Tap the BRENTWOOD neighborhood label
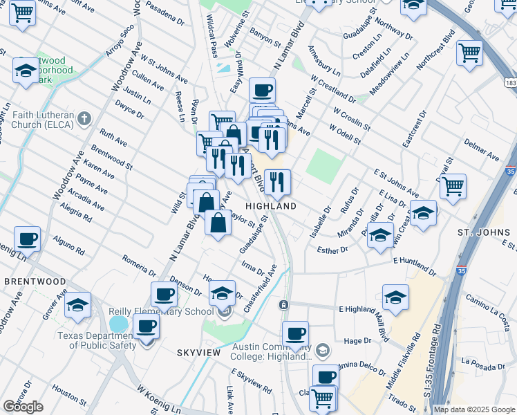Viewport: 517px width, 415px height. (35, 282)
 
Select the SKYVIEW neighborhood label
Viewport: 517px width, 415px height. (198, 353)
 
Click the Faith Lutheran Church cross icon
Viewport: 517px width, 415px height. (84, 117)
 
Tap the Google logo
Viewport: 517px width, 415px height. (23, 407)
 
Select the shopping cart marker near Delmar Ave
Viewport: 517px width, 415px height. (453, 186)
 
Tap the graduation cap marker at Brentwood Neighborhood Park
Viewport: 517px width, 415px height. (26, 71)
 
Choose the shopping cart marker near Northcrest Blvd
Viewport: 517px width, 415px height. (469, 53)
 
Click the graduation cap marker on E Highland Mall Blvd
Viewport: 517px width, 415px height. (395, 297)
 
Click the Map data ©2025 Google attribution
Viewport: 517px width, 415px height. (474, 409)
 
